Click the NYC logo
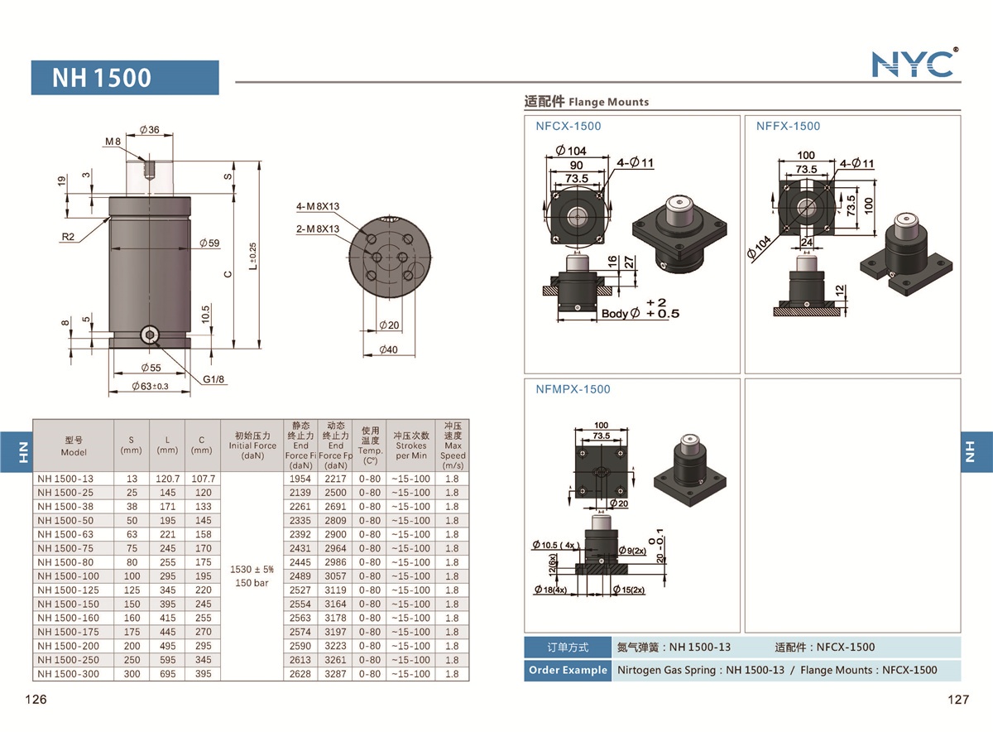pyautogui.click(x=914, y=63)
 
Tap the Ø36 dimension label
pyautogui.click(x=150, y=129)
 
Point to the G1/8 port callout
pyautogui.click(x=214, y=379)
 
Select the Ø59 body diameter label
pyautogui.click(x=209, y=243)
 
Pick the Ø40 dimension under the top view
pyautogui.click(x=388, y=349)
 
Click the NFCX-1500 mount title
pyautogui.click(x=568, y=126)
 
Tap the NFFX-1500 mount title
pyautogui.click(x=788, y=126)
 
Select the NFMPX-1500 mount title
pyautogui.click(x=573, y=389)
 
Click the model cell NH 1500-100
pyautogui.click(x=68, y=576)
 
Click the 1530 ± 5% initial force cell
pyautogui.click(x=252, y=570)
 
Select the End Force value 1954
pyautogui.click(x=300, y=479)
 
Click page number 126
pyautogui.click(x=36, y=700)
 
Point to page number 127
pyautogui.click(x=957, y=700)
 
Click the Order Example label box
pyautogui.click(x=567, y=670)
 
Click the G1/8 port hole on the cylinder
pyautogui.click(x=150, y=335)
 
